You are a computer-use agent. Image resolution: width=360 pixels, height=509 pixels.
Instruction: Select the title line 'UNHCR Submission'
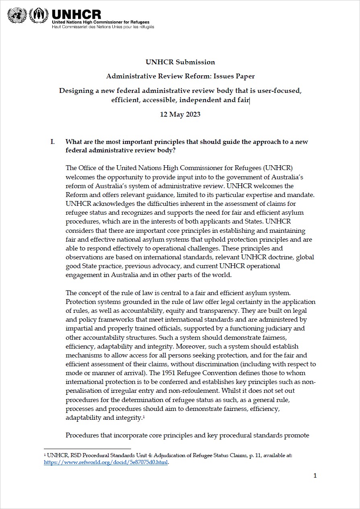(x=180, y=62)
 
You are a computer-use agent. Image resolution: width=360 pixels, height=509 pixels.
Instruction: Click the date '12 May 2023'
(x=180, y=114)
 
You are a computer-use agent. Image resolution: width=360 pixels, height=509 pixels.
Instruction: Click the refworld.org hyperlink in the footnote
(x=106, y=462)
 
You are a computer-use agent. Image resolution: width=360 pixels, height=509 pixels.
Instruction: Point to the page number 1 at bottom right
(x=315, y=476)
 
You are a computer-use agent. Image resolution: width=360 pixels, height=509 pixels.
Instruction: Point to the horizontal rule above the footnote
(x=87, y=448)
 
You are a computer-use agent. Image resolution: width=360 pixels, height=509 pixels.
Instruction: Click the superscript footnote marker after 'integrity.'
(x=143, y=417)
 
